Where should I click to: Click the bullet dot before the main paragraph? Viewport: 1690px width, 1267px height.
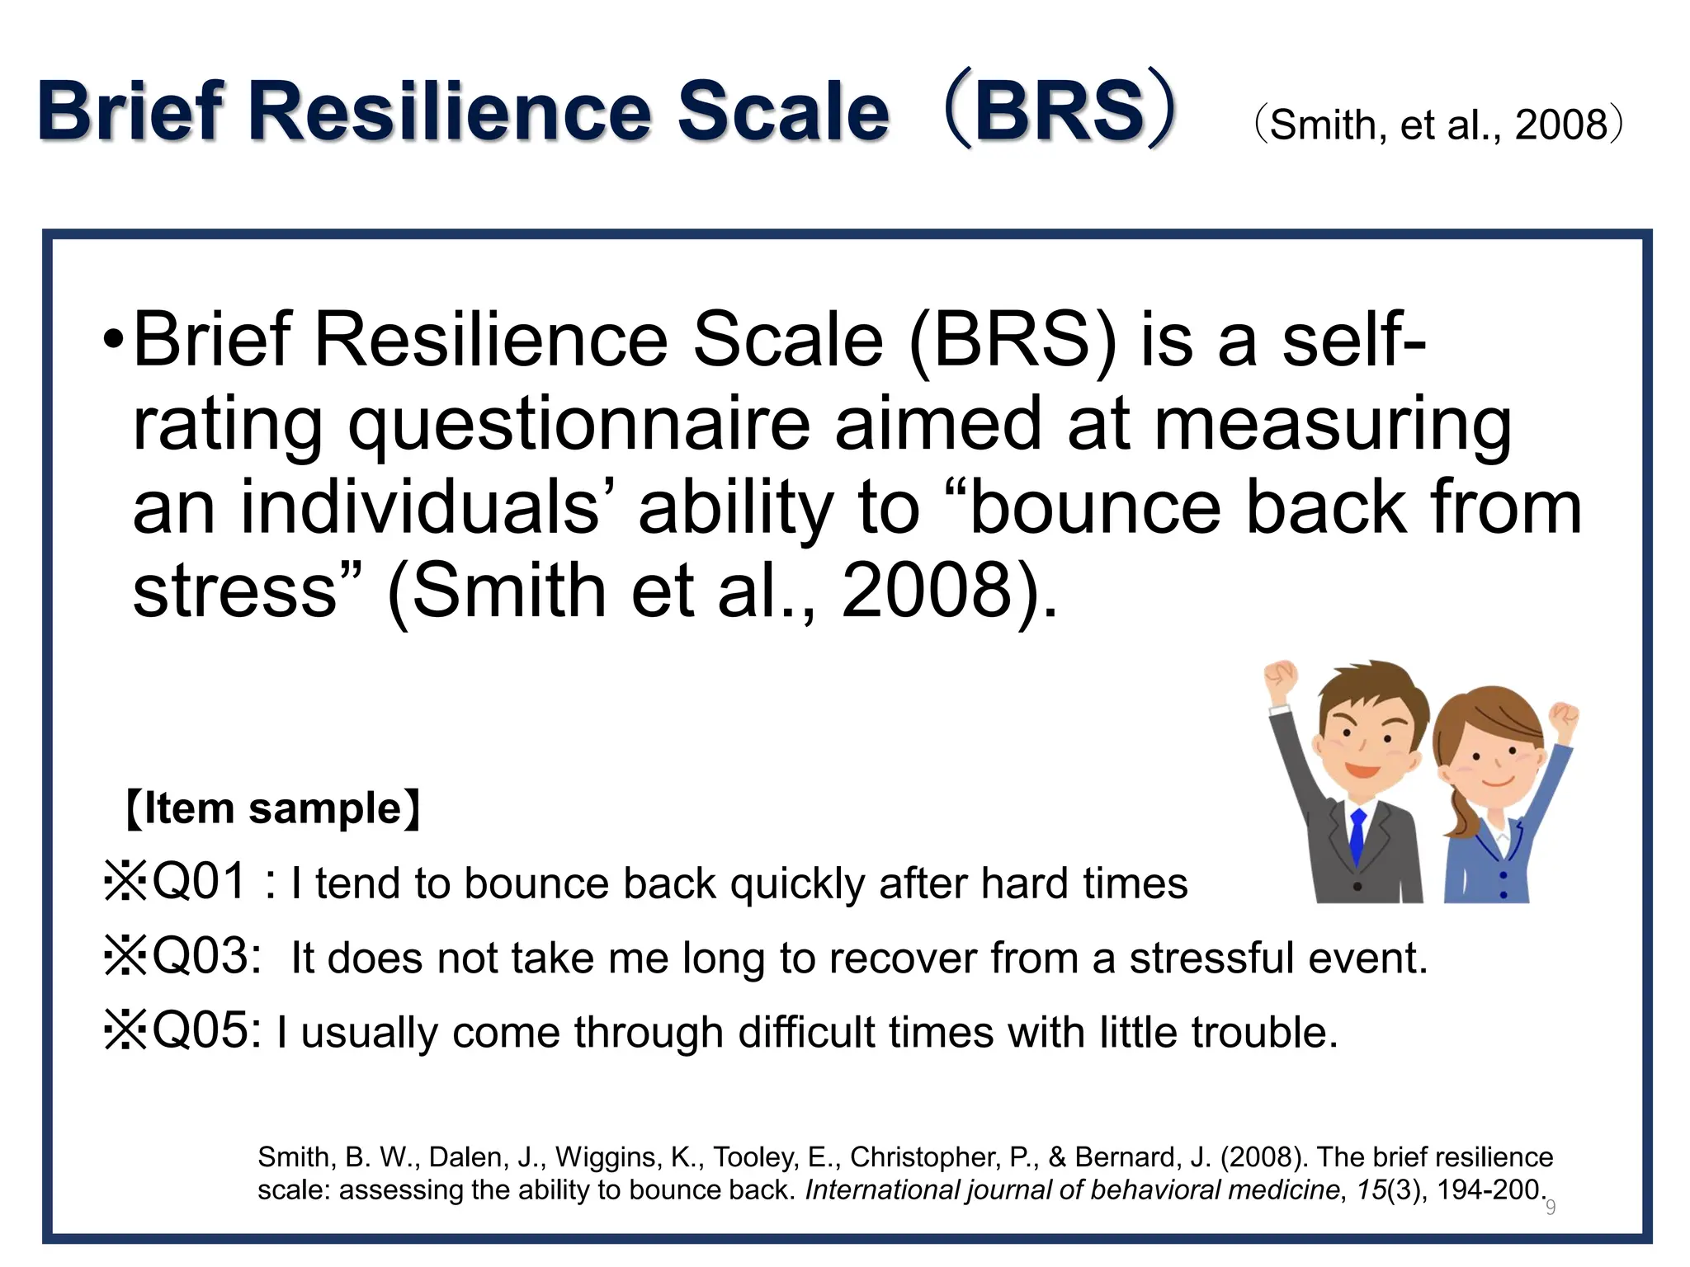114,341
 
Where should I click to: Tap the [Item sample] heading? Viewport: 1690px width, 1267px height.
272,808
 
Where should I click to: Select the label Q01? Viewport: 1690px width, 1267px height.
200,882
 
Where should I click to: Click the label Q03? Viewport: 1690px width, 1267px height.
206,957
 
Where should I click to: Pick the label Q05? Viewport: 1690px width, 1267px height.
206,1031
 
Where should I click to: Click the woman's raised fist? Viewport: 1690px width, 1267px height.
1562,718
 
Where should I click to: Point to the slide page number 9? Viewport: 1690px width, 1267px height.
1551,1208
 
